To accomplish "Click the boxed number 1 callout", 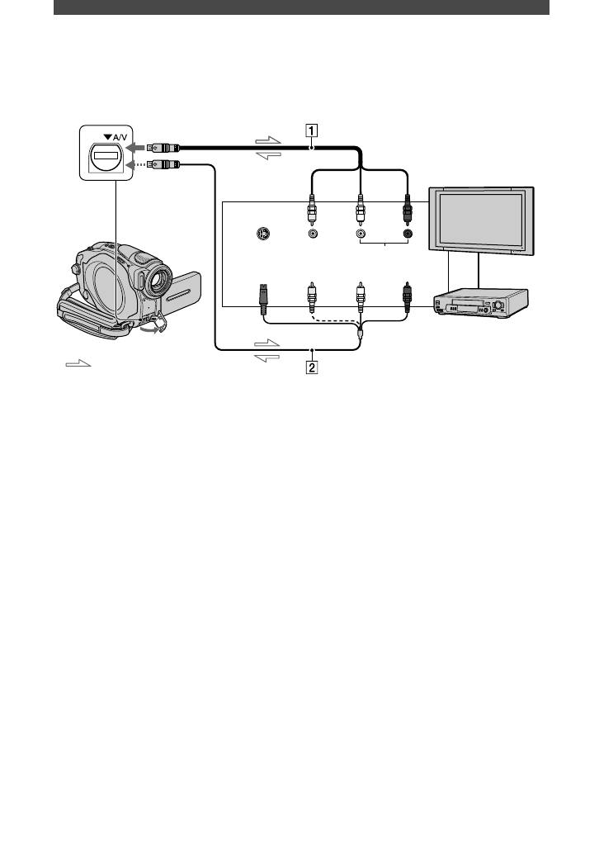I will click(x=311, y=129).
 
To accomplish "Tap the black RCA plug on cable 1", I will click(x=408, y=211).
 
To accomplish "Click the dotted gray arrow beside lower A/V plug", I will click(x=134, y=165).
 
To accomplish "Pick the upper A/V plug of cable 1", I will click(x=163, y=148).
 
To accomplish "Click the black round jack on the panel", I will click(x=408, y=234).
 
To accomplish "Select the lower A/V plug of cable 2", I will click(x=163, y=165).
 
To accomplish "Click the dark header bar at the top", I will click(x=301, y=7).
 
